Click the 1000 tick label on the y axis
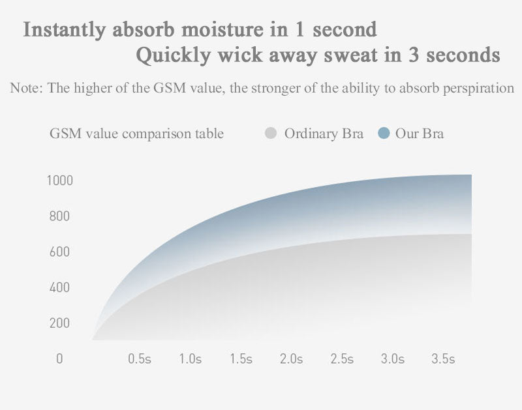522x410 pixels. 59,180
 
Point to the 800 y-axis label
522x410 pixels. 59,216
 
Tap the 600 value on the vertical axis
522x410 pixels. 59,252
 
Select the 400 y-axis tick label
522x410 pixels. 59,287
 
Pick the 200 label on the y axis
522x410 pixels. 59,323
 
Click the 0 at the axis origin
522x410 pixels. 59,359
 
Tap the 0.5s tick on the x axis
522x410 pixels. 140,359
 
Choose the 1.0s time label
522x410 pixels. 191,359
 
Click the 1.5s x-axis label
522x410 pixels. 241,359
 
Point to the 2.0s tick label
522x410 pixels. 292,359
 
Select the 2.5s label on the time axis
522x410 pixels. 342,359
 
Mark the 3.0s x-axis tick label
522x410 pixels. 393,359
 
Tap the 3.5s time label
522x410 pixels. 444,359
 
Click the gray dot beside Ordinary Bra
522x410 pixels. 271,134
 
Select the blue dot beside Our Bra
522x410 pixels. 384,134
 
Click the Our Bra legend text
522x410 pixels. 420,134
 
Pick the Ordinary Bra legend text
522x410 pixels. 324,134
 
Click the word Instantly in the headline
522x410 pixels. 64,29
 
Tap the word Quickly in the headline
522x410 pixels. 173,55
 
